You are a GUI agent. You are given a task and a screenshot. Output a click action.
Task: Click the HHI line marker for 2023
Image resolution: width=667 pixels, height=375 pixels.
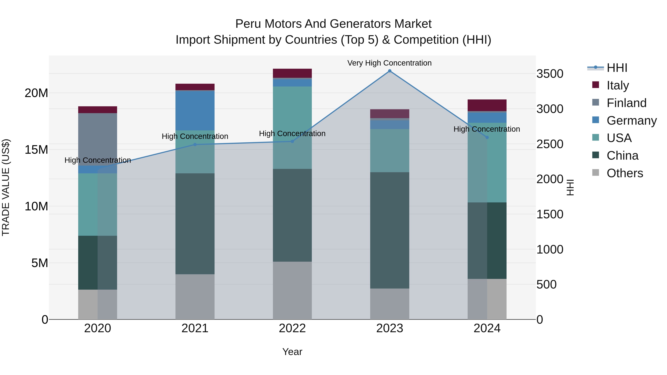coord(390,71)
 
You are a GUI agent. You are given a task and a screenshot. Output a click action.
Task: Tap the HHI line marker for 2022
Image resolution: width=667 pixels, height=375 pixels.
coord(292,141)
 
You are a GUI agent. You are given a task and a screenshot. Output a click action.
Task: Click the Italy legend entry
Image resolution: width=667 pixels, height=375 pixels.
coord(618,85)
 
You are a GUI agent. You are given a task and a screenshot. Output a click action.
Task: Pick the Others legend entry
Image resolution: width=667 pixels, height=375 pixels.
coord(625,173)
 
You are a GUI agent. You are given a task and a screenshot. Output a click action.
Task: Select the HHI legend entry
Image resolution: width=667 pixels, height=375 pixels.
coord(617,68)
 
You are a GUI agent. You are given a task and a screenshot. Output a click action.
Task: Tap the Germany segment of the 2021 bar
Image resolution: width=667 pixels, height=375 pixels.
coord(195,111)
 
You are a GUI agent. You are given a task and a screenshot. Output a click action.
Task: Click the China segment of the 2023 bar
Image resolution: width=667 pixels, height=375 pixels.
coord(390,230)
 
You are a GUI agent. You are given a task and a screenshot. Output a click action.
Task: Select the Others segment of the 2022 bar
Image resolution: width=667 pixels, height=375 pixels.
coord(292,290)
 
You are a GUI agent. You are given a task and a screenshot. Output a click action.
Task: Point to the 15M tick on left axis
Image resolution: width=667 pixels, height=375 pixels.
coord(36,150)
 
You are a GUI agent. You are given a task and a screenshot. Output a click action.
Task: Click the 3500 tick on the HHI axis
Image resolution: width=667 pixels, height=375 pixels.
coord(550,74)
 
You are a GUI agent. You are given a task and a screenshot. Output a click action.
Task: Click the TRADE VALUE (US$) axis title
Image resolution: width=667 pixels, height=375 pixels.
coord(6,187)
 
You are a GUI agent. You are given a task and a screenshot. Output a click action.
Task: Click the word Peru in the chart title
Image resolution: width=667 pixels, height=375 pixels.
coord(248,24)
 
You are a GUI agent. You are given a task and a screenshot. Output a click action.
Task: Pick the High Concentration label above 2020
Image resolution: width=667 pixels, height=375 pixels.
coord(98,160)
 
